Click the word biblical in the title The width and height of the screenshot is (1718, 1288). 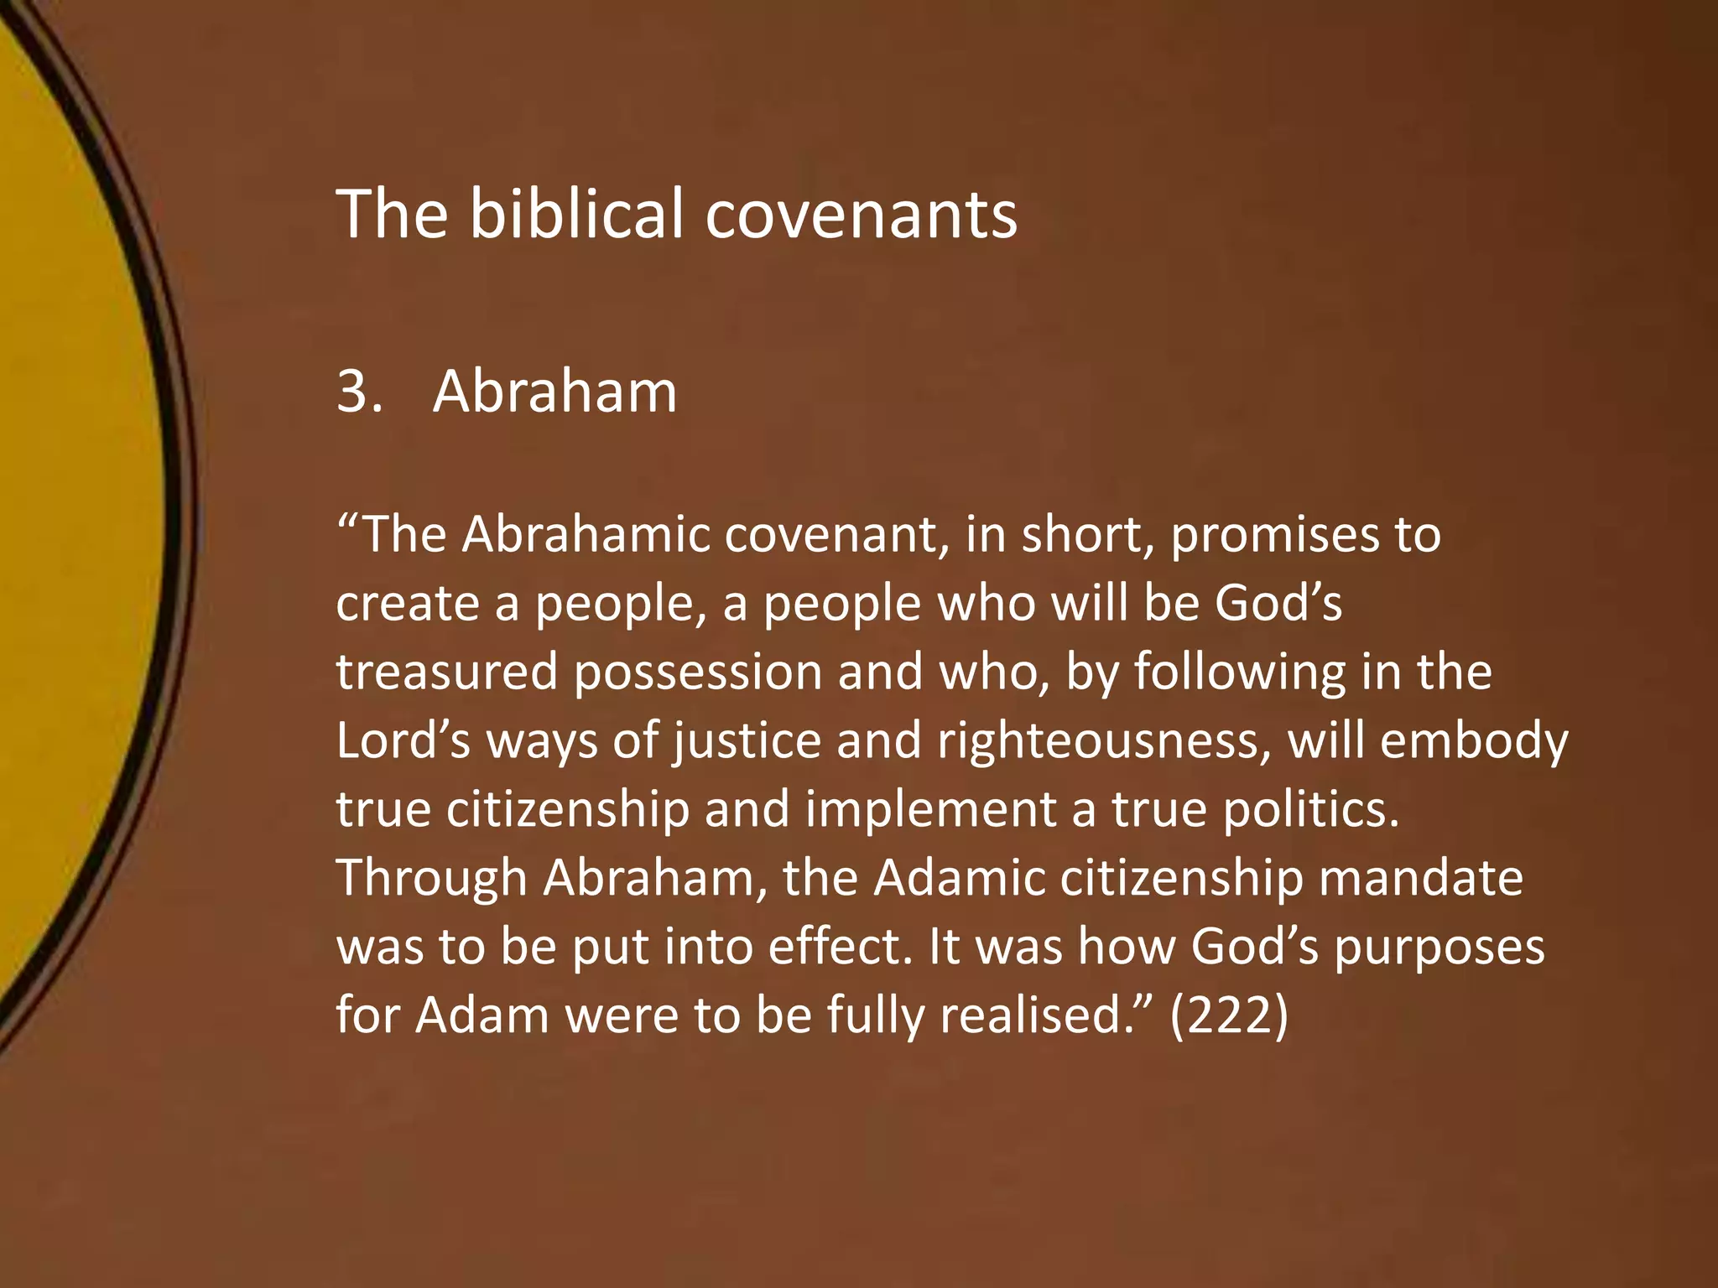pyautogui.click(x=577, y=214)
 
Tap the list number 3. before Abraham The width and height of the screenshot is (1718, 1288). pyautogui.click(x=359, y=392)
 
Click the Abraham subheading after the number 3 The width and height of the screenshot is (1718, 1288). pyautogui.click(x=554, y=392)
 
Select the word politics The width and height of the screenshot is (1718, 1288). pyautogui.click(x=1310, y=811)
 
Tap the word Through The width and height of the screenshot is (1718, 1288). pyautogui.click(x=431, y=879)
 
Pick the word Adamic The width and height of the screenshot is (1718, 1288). pyautogui.click(x=959, y=879)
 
